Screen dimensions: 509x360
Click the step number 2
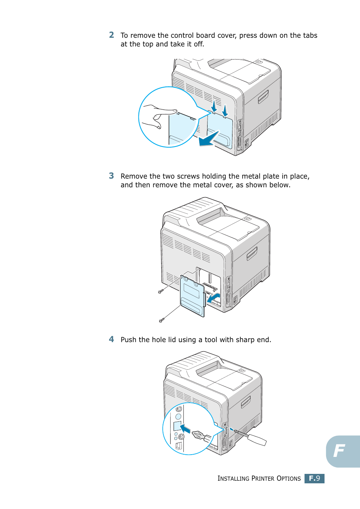click(111, 35)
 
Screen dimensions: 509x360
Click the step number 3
click(111, 176)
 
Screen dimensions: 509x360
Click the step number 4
click(111, 339)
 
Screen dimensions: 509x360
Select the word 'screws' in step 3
click(188, 176)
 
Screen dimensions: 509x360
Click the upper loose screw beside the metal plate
click(161, 291)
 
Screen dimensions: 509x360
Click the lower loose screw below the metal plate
click(162, 320)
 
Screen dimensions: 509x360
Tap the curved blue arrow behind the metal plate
click(214, 298)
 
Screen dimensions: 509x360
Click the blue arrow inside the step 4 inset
click(185, 429)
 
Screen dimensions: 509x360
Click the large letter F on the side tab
click(339, 451)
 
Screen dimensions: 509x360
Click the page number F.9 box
click(314, 478)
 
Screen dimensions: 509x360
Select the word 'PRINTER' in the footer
click(263, 478)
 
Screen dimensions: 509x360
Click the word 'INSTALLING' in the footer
click(233, 478)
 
